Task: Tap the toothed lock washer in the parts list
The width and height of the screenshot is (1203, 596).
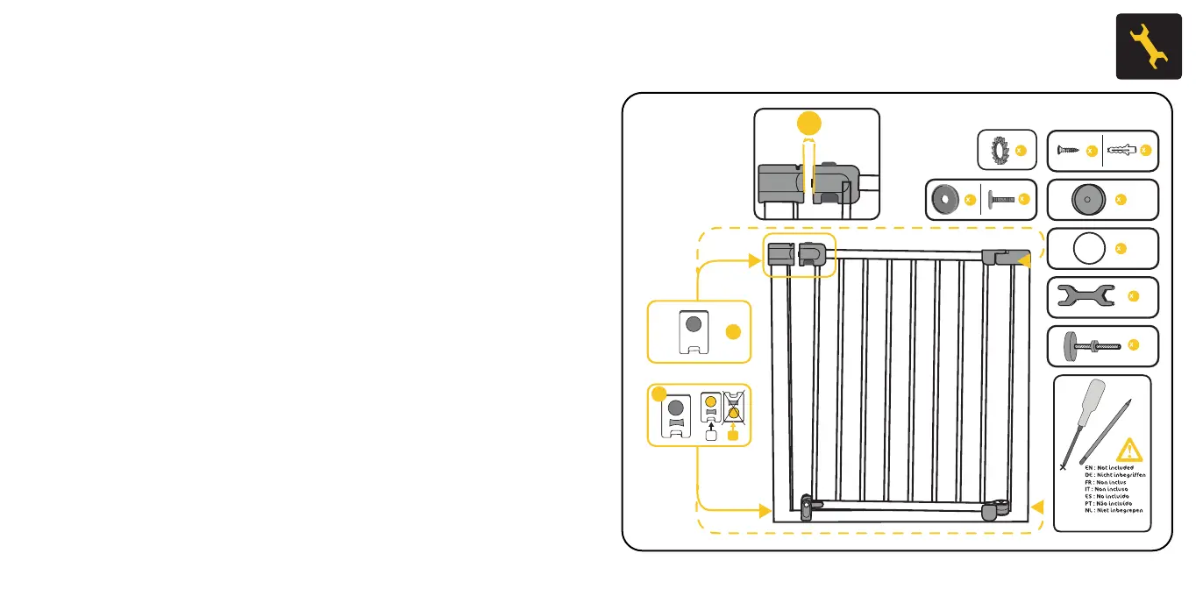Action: [x=995, y=151]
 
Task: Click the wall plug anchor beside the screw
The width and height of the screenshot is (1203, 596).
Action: [x=1127, y=151]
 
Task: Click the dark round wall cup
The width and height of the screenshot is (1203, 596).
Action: [x=1084, y=200]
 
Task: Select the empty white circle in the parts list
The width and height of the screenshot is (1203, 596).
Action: [x=1085, y=249]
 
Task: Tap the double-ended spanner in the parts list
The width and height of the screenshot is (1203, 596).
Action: [x=1085, y=296]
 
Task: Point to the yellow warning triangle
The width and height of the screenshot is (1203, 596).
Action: [x=1129, y=451]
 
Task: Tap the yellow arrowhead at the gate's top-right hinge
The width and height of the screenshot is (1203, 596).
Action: [x=1024, y=259]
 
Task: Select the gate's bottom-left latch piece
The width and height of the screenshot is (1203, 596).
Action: [x=808, y=509]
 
